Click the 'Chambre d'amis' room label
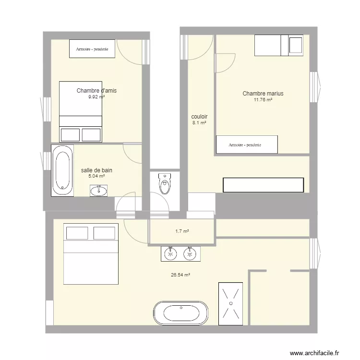96,90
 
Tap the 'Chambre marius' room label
263,94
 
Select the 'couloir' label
199,117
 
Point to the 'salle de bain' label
96,170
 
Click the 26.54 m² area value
180,275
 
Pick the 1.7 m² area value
182,231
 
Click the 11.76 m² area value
263,100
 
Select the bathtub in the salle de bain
62,171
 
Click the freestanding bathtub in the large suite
181,313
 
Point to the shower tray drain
231,303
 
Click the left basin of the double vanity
169,253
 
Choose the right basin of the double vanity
191,253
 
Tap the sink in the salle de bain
99,191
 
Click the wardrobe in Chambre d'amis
92,48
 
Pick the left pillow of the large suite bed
77,233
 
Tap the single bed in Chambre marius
278,45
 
